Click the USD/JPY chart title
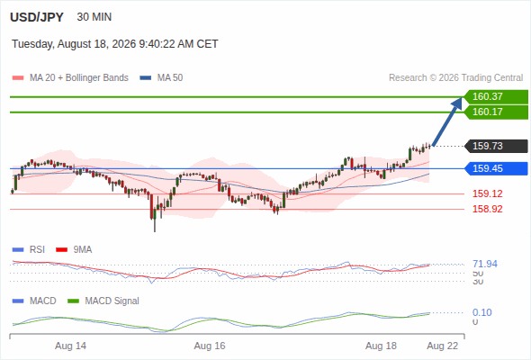coord(37,17)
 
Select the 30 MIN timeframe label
coord(94,17)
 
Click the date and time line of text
coord(115,44)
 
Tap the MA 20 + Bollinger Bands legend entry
coord(70,78)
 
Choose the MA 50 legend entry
coord(161,78)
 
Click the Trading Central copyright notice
coord(455,78)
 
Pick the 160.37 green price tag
coord(496,96)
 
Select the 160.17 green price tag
coord(496,112)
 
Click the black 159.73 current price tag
coord(496,146)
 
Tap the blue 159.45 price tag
coord(496,168)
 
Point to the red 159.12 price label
coord(487,193)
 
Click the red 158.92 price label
coord(487,209)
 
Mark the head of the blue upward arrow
coord(461,98)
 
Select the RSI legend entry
coord(29,250)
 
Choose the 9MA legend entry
coord(74,250)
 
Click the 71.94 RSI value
coord(485,264)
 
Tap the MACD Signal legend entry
coord(103,301)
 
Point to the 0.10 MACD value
coord(481,312)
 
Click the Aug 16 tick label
coord(210,346)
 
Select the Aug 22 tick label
coord(442,346)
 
